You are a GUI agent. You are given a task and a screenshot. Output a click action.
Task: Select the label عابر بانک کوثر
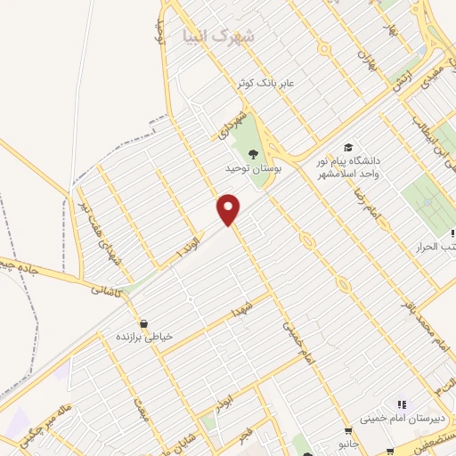[x=272, y=83]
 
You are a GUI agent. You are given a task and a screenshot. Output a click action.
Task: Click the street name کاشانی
[x=105, y=288]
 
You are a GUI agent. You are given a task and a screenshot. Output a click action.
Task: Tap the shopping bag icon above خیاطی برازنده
[x=143, y=322]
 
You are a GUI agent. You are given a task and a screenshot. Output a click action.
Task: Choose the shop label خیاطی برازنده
[x=144, y=338]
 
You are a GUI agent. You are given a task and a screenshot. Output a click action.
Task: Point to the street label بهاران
[x=366, y=60]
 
